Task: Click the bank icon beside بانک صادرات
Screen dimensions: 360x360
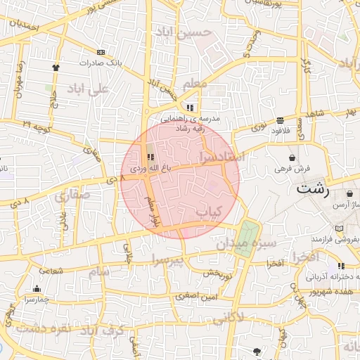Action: click(101, 52)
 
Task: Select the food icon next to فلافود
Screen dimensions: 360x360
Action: click(281, 120)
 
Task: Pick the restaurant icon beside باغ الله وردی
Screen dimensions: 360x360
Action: click(150, 157)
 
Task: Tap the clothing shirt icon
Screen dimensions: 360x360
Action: click(56, 67)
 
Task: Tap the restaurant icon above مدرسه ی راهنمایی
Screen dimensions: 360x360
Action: click(191, 108)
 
